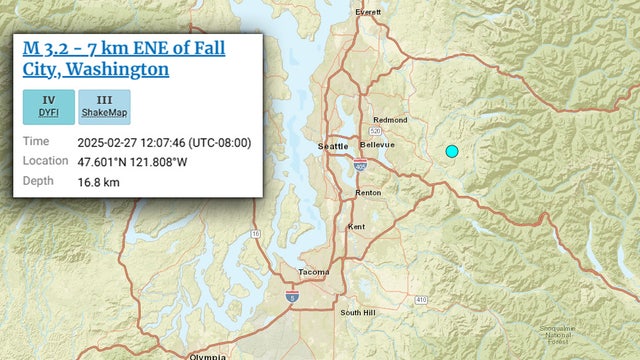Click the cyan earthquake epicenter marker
(x=451, y=151)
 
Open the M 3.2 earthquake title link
(x=123, y=58)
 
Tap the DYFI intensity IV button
(x=48, y=107)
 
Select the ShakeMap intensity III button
(x=105, y=107)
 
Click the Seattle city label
(x=333, y=146)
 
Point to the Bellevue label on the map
(x=378, y=145)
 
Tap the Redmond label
(x=390, y=120)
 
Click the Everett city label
(x=369, y=12)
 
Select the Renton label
(x=368, y=192)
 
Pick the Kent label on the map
(x=356, y=227)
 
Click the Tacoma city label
(x=313, y=272)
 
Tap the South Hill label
(x=356, y=313)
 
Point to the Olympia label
(x=207, y=356)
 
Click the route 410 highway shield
(x=421, y=299)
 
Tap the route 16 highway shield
(x=255, y=233)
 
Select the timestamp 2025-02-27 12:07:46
(x=163, y=142)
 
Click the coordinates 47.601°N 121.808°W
(x=146, y=161)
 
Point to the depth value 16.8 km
(x=98, y=181)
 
